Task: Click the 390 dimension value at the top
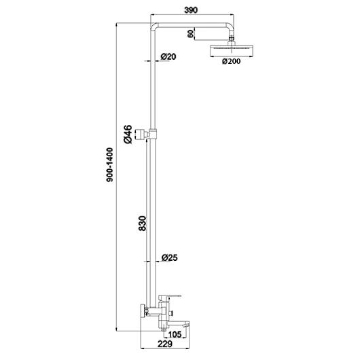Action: click(x=191, y=10)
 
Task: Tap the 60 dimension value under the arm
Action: click(x=191, y=34)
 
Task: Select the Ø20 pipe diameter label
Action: click(x=168, y=56)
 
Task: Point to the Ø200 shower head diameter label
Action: click(x=231, y=61)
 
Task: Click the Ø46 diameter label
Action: click(x=128, y=134)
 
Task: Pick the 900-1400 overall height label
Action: click(x=110, y=165)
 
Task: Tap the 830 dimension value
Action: click(x=143, y=223)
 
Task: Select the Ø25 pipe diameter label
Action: click(x=169, y=257)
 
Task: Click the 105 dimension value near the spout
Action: click(x=175, y=334)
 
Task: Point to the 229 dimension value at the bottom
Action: click(x=165, y=344)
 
